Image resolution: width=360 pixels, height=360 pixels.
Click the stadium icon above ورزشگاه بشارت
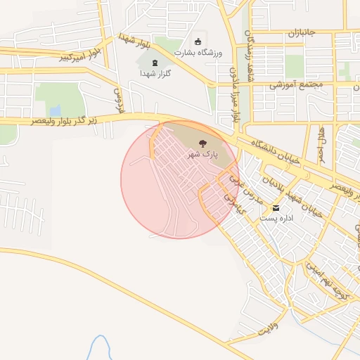(x=198, y=41)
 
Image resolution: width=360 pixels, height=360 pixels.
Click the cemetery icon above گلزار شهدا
(x=155, y=63)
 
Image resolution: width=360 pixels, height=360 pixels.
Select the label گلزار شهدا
(x=155, y=73)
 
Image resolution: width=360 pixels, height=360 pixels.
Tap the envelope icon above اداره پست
(x=275, y=208)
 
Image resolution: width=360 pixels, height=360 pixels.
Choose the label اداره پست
(x=276, y=219)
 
